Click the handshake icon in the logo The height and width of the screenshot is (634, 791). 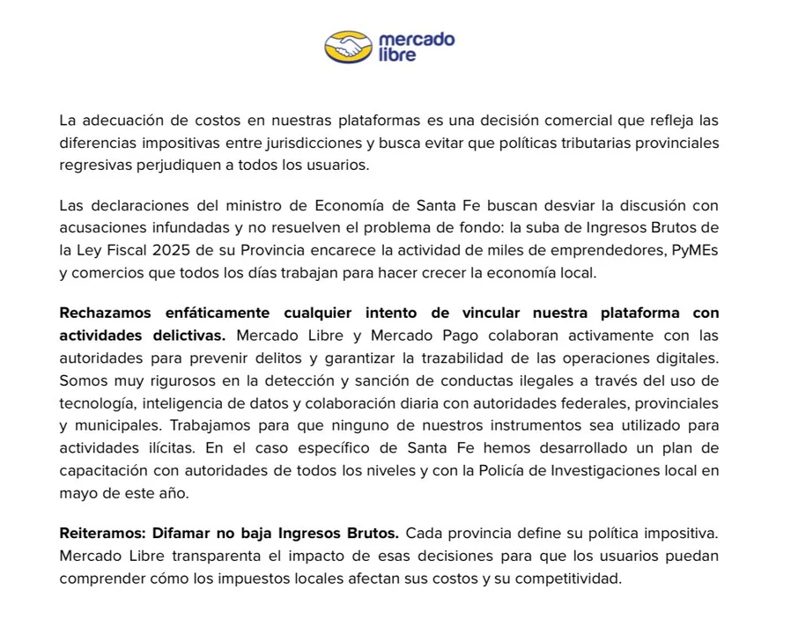(349, 47)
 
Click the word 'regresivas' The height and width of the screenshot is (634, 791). (94, 164)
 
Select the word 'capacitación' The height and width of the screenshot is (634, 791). (104, 470)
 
